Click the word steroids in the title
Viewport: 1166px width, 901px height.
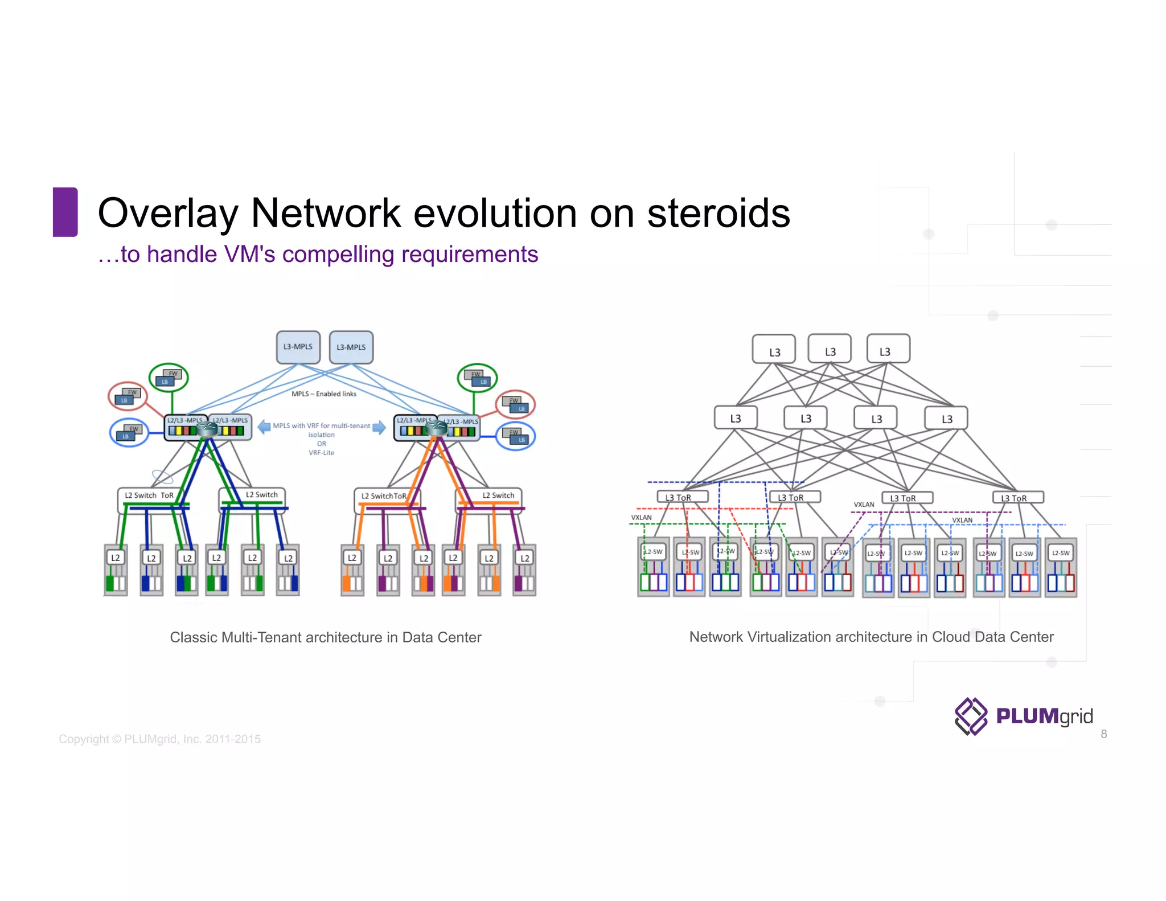pos(718,213)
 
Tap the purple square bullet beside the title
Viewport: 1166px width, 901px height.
pos(65,212)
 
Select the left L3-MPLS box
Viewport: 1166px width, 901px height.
pos(298,347)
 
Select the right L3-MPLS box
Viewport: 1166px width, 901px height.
pos(351,347)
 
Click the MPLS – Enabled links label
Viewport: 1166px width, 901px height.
pos(323,394)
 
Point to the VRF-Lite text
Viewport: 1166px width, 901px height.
pos(321,453)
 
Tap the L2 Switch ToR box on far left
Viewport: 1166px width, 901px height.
pos(149,495)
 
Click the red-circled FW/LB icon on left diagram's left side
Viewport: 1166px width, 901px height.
pos(128,396)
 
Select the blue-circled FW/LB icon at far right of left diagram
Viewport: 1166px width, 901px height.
pos(516,436)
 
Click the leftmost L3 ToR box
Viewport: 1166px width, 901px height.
pos(682,497)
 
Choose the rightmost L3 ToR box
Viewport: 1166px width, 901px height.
pos(1017,498)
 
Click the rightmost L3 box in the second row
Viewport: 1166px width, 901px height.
pos(946,419)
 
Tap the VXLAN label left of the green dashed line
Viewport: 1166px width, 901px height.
pos(641,517)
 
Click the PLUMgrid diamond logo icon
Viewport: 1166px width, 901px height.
pos(971,716)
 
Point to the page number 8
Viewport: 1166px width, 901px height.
pos(1103,734)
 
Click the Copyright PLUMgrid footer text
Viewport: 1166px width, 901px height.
pos(159,739)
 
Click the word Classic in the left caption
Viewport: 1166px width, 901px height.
pos(193,637)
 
